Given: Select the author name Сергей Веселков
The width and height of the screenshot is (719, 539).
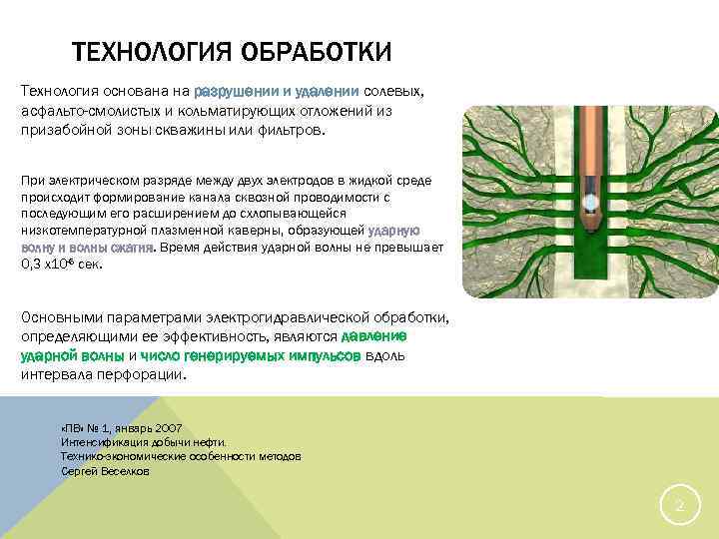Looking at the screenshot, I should click(105, 470).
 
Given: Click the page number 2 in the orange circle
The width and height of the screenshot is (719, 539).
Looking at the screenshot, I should click(679, 506).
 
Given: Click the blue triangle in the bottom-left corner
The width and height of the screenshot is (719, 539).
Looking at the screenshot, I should click(40, 469).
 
